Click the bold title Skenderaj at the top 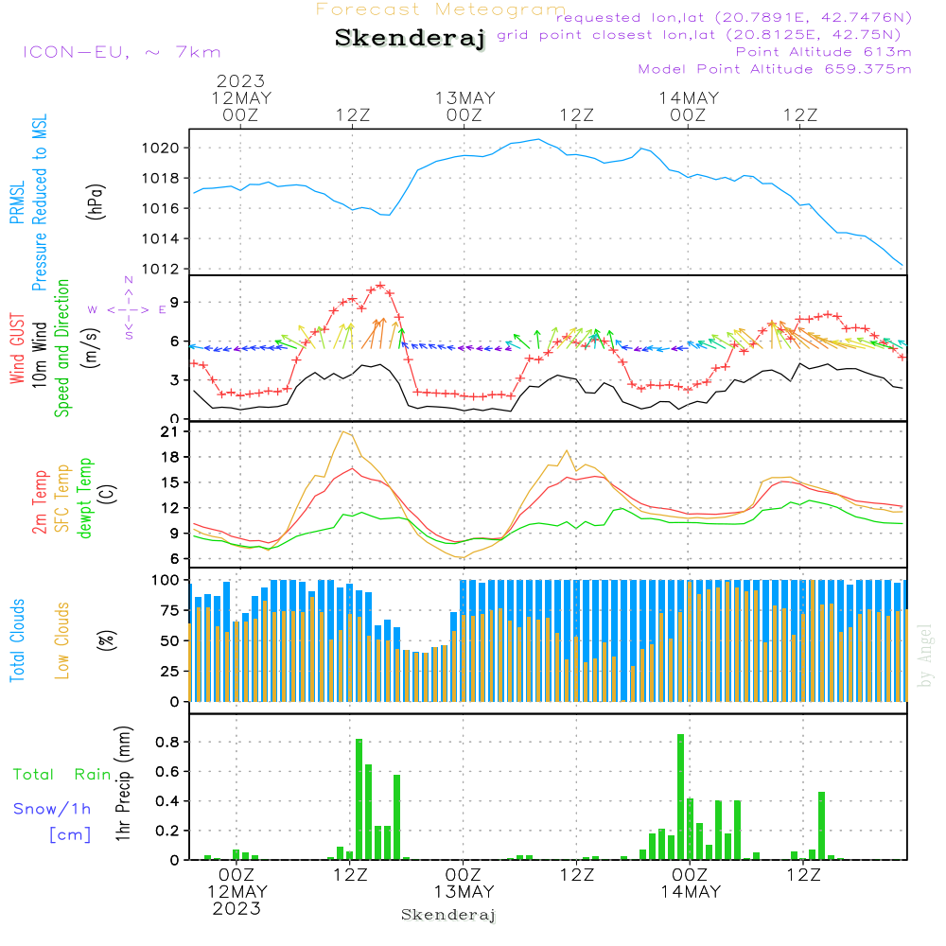pos(410,39)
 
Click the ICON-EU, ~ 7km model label pos(121,52)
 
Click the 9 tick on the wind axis pos(175,302)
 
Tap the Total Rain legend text pos(61,774)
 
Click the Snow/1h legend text pos(52,809)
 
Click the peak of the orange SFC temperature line pos(342,432)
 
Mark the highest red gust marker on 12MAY pos(380,285)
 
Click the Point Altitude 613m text pos(823,51)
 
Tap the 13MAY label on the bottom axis pos(464,891)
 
